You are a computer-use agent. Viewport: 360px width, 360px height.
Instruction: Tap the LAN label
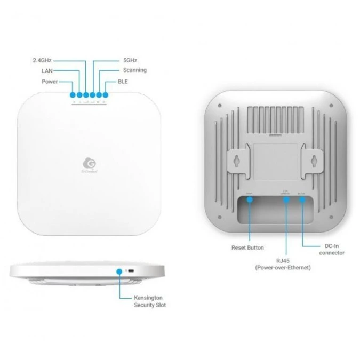47,71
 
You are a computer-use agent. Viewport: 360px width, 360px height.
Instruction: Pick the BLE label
122,81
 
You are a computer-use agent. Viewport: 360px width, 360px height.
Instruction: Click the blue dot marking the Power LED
73,95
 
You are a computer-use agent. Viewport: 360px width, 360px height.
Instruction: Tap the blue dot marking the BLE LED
105,95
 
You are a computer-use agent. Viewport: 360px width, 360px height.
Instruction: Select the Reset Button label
247,247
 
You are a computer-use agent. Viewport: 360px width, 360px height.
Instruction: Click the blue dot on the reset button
250,199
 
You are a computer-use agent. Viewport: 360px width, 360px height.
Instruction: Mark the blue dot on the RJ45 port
286,199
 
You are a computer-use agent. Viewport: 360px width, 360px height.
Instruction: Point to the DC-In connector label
331,249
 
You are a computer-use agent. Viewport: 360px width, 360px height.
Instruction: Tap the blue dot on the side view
118,271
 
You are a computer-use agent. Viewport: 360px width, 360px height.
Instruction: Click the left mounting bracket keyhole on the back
236,161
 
